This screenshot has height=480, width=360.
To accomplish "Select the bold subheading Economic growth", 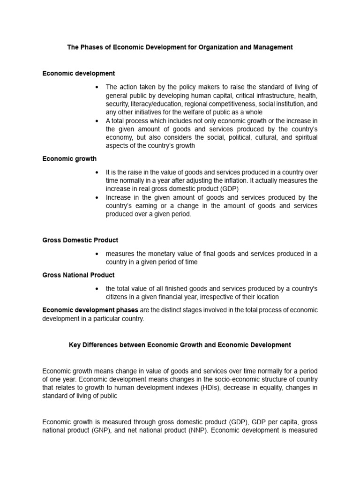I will [69, 159].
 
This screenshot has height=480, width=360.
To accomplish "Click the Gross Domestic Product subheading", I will [80, 240].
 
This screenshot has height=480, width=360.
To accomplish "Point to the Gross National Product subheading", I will [78, 275].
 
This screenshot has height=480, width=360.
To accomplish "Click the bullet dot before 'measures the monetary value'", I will [97, 254].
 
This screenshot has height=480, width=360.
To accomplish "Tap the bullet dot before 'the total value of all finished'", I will [97, 289].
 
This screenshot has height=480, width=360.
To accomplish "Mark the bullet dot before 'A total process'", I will [97, 121].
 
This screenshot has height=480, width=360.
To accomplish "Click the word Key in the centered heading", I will [75, 345].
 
